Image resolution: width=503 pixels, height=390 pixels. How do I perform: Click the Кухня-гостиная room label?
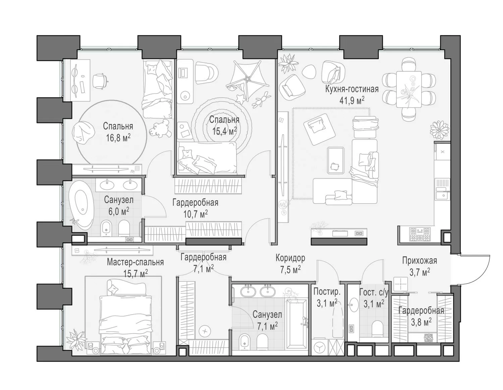coord(352,89)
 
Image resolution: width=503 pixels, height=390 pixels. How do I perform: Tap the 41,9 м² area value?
coord(352,101)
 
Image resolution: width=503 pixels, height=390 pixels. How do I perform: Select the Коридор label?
coord(290,258)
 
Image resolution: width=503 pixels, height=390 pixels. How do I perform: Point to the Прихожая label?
coord(420,261)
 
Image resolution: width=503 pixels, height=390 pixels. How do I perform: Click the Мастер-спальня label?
coord(135,262)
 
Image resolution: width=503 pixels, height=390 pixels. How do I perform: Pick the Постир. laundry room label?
coord(327,292)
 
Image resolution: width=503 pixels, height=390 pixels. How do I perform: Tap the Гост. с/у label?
coord(374,292)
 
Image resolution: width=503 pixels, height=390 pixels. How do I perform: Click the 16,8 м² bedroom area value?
coord(118,138)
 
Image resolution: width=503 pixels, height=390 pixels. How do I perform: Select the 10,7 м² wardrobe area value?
coord(195,214)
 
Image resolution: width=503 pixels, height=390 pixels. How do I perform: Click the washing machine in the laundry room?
coord(320,347)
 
